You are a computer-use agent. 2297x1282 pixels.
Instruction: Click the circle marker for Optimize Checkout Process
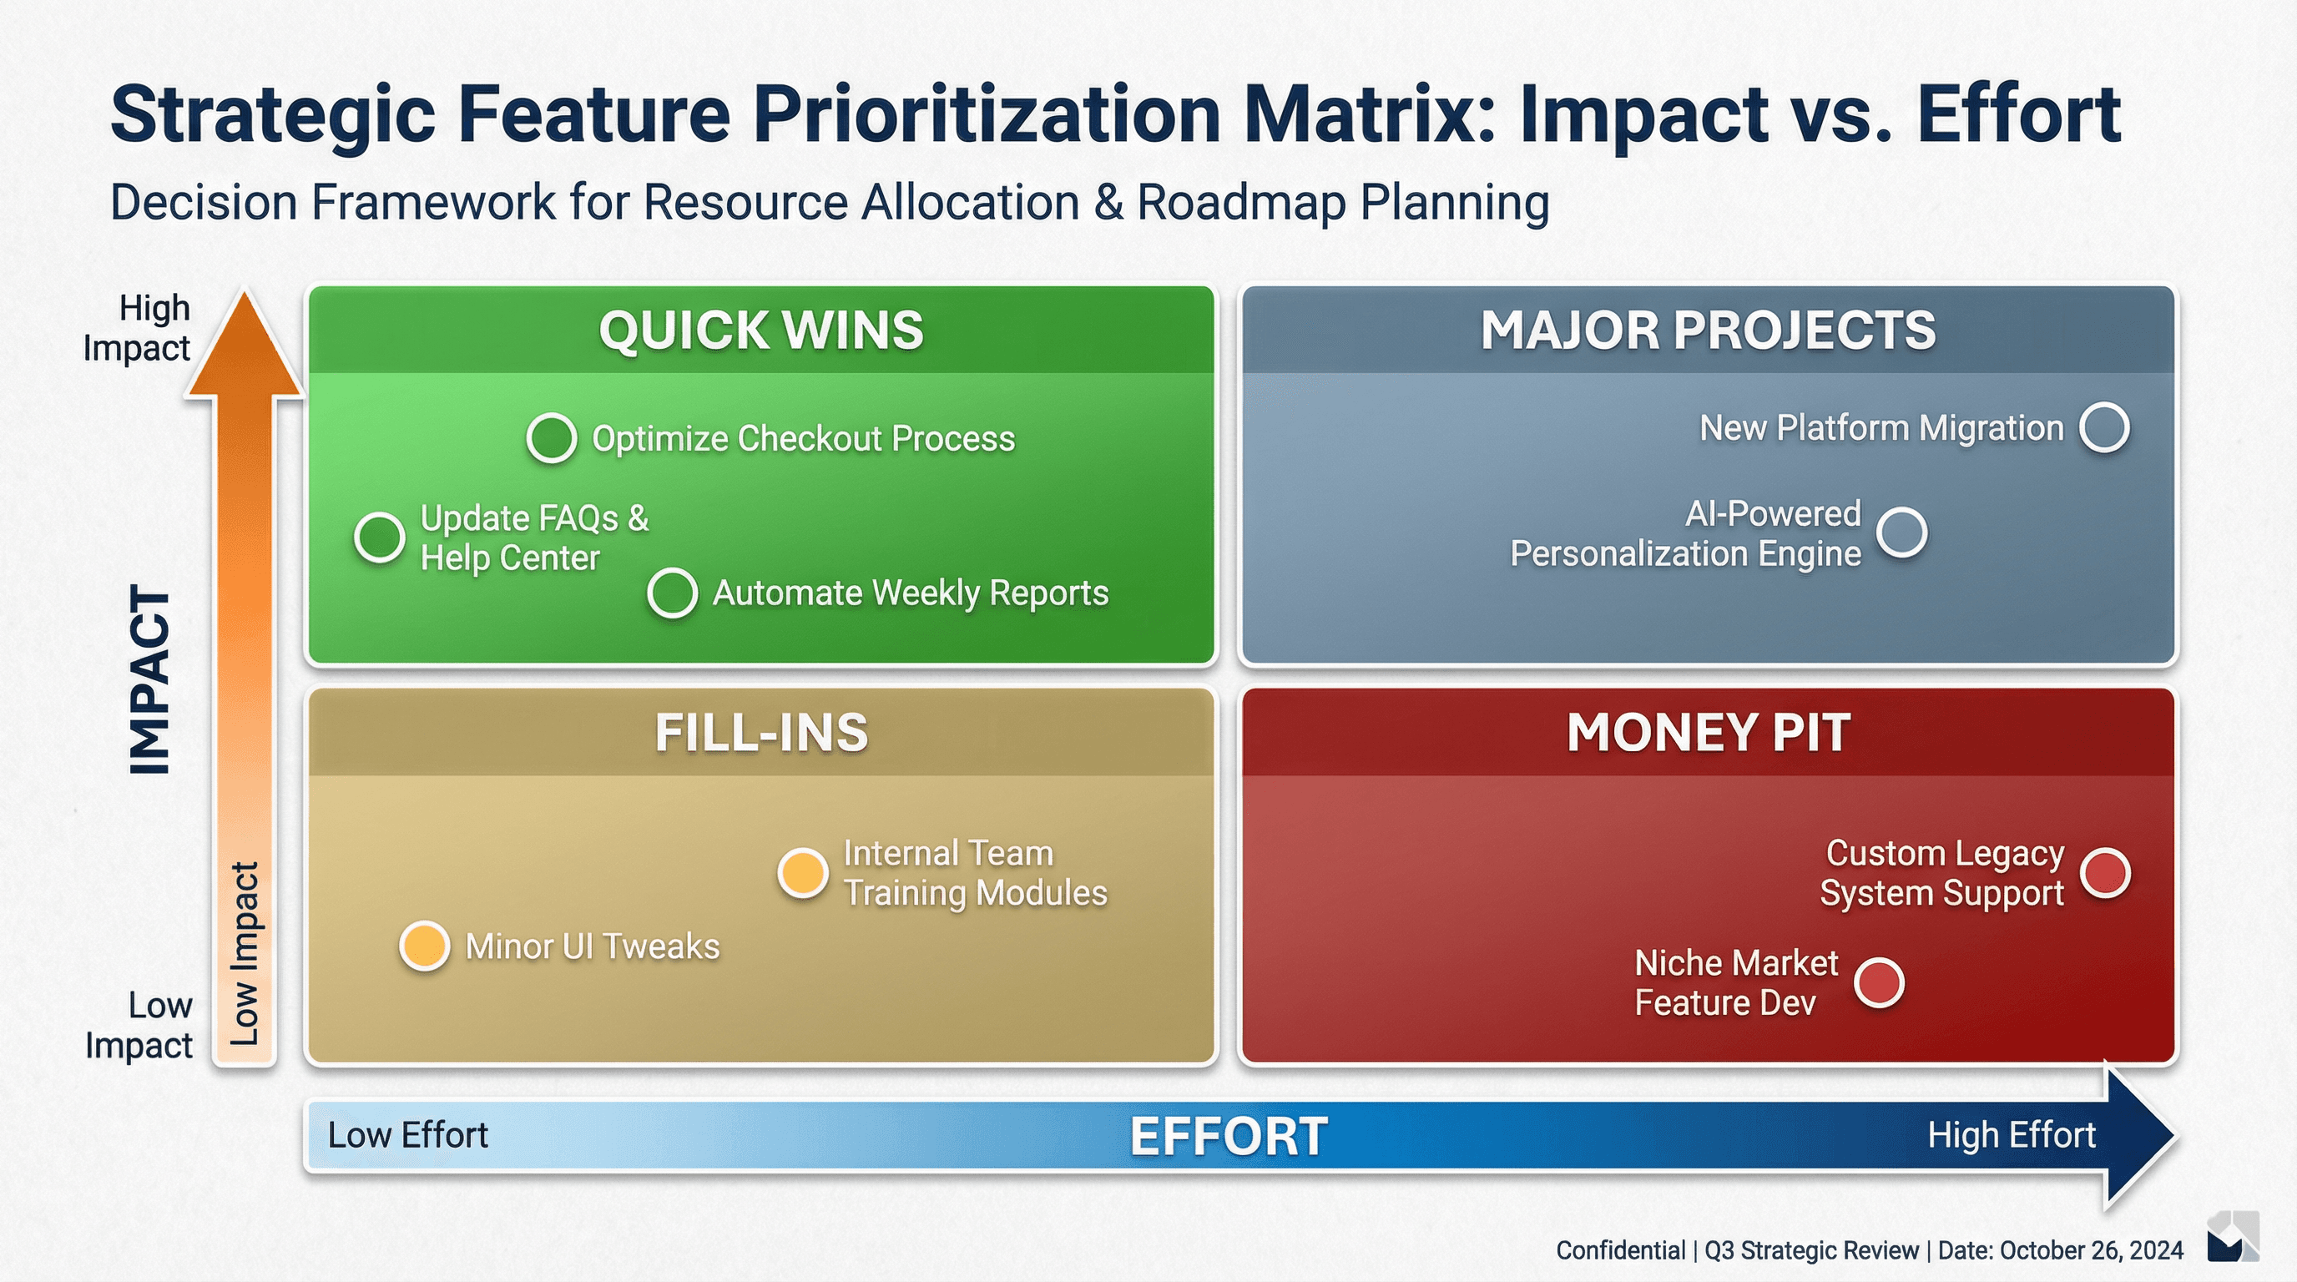[551, 437]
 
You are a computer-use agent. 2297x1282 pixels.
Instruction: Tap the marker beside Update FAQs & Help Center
[380, 538]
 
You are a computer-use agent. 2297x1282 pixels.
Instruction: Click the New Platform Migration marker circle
[2104, 428]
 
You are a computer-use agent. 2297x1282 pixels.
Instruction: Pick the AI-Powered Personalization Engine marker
[1901, 533]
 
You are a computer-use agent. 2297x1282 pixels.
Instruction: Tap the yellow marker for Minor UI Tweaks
[425, 946]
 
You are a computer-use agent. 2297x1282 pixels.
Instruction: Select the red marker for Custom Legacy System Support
[2105, 873]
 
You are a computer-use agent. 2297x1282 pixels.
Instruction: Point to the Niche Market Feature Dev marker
[1879, 982]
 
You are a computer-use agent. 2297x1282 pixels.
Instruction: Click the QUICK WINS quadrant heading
[760, 330]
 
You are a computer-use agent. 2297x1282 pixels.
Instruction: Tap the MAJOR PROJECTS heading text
[1708, 330]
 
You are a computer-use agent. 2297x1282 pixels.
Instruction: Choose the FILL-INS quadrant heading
[760, 733]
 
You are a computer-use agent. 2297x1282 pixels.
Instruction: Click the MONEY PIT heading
[1708, 733]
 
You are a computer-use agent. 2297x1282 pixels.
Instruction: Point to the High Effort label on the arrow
[2011, 1135]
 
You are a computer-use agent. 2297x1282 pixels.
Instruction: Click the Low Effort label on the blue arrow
[407, 1135]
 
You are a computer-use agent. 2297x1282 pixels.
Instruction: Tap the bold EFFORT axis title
[1228, 1137]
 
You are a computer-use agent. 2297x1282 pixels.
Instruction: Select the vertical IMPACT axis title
[149, 679]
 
